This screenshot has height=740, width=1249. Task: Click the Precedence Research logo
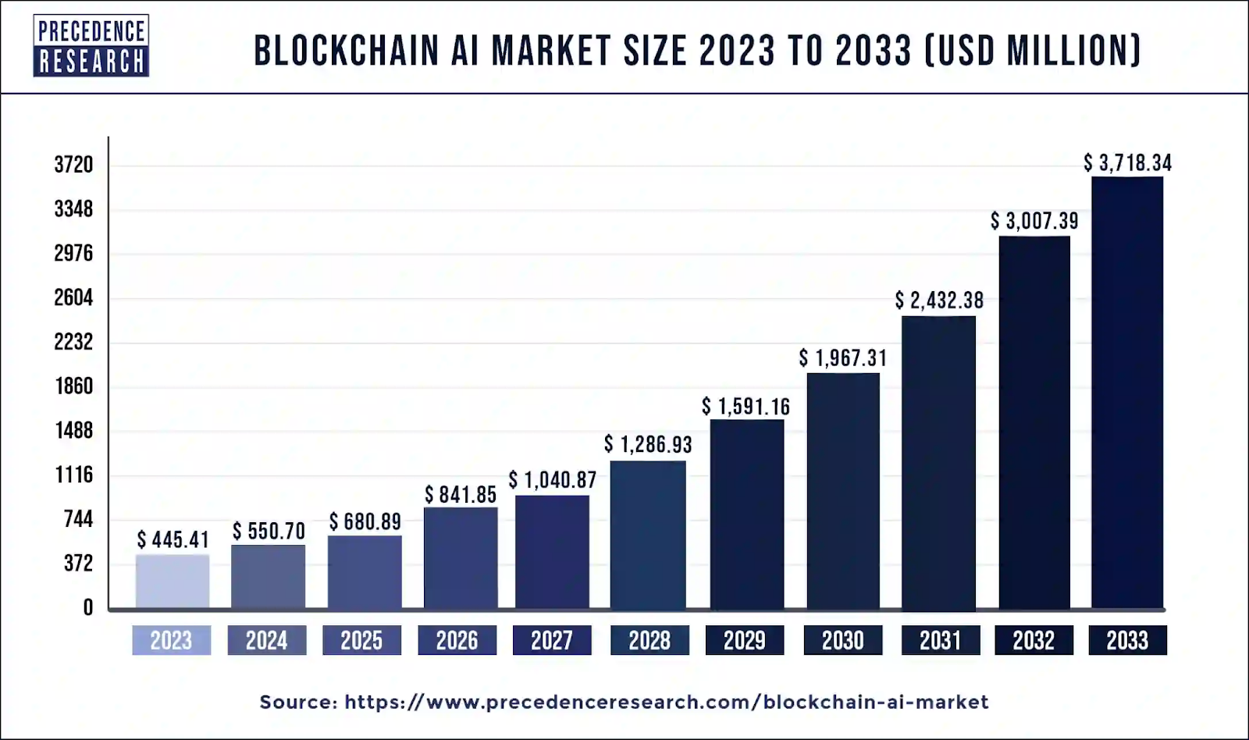91,46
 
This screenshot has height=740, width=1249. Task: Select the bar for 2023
173,581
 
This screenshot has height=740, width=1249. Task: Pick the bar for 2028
648,535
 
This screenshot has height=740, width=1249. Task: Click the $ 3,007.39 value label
1034,221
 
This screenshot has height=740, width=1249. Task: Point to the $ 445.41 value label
173,539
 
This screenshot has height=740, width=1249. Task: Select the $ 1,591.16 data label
745,407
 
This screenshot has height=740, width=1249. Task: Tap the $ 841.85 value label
461,495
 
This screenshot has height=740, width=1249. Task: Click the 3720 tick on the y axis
73,165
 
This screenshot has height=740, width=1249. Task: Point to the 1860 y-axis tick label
73,386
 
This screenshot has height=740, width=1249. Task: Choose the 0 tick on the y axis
87,608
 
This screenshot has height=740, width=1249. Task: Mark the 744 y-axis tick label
78,519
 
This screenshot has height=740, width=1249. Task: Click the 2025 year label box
361,641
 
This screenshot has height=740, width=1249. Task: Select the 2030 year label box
843,641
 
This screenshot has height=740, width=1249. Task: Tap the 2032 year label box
1034,641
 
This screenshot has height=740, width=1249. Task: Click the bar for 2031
938,462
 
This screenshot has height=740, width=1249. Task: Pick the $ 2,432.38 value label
939,301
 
